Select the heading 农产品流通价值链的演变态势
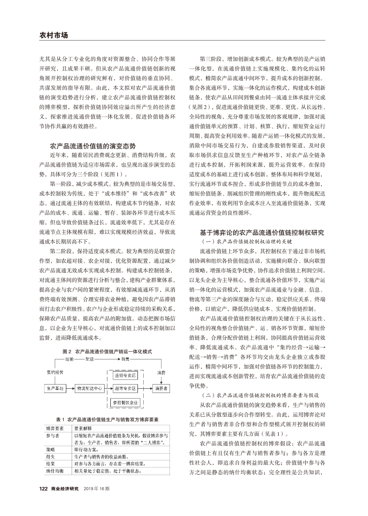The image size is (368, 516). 93,145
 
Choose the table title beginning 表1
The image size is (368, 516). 107,419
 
